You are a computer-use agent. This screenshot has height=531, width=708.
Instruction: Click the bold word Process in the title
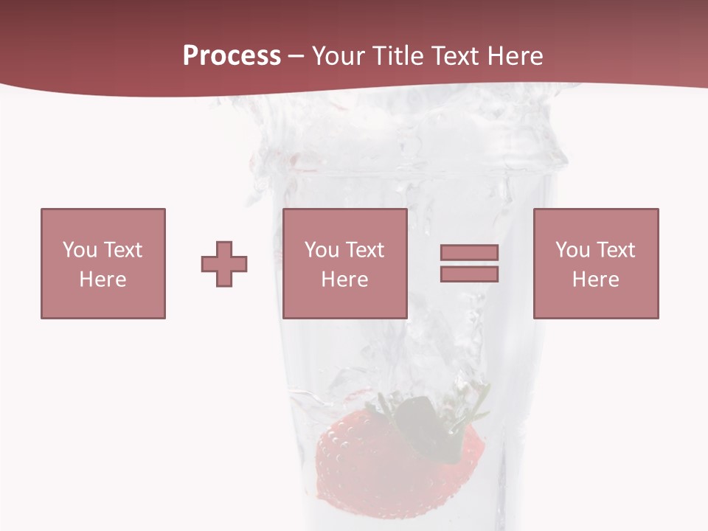pos(232,56)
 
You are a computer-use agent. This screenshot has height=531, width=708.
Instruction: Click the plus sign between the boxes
pos(224,264)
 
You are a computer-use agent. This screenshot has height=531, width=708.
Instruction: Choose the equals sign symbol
pos(469,263)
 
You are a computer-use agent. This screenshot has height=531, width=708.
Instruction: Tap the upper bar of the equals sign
pos(469,252)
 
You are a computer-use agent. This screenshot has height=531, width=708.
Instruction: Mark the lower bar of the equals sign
pos(469,274)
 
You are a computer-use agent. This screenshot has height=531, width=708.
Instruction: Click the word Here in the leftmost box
pos(103,280)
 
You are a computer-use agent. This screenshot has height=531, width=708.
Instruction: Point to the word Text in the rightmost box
pos(615,250)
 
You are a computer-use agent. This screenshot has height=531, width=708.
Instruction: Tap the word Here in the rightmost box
pos(595,280)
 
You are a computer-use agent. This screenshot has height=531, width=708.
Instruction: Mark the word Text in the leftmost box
pos(122,250)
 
